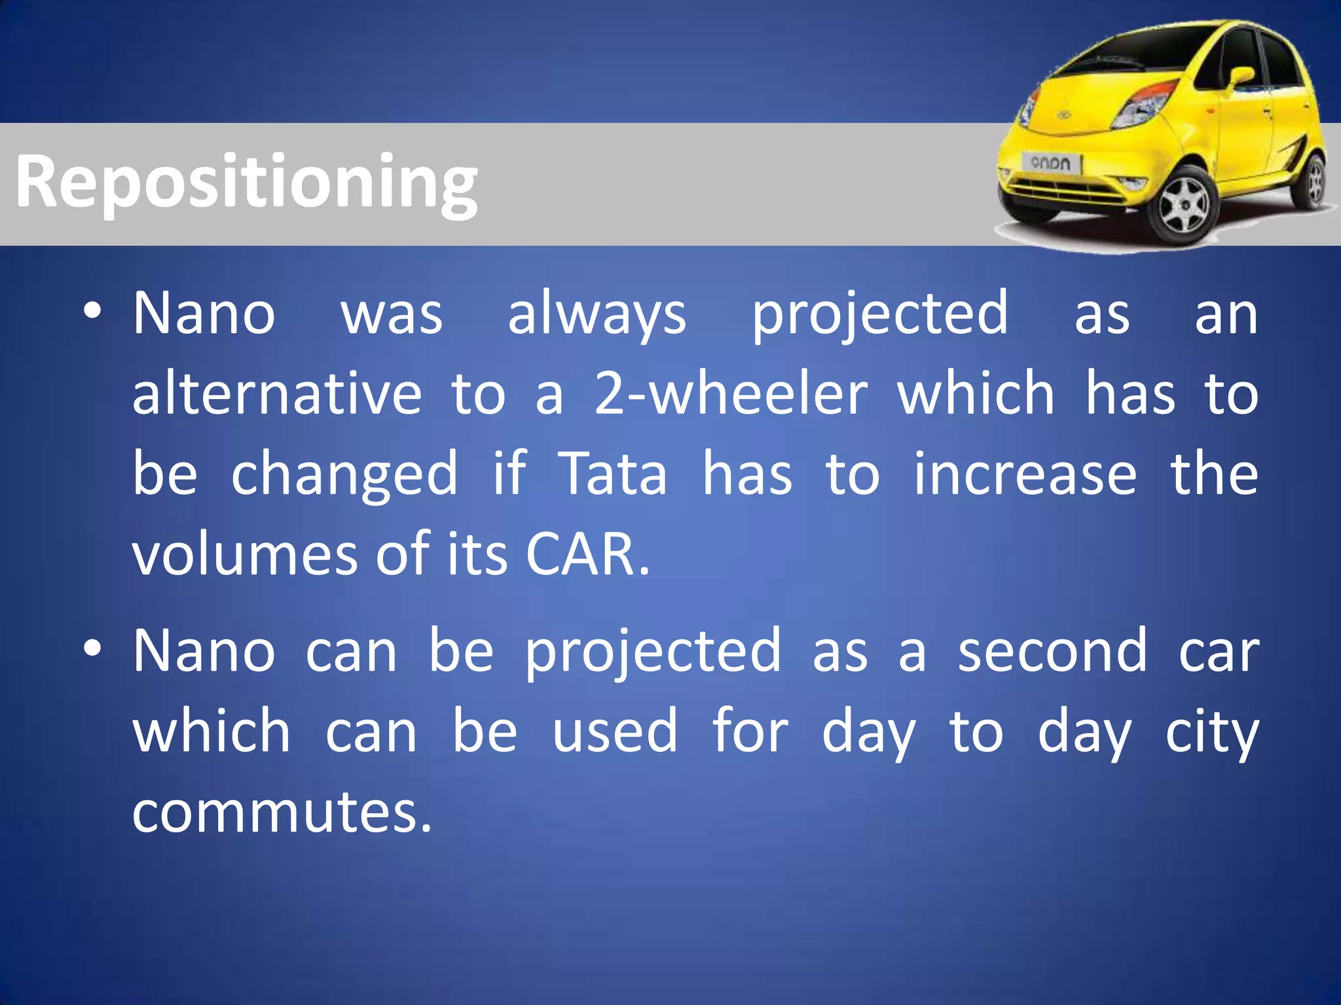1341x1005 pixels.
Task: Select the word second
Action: [x=1052, y=652]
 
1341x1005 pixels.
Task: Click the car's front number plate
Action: [x=1051, y=163]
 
